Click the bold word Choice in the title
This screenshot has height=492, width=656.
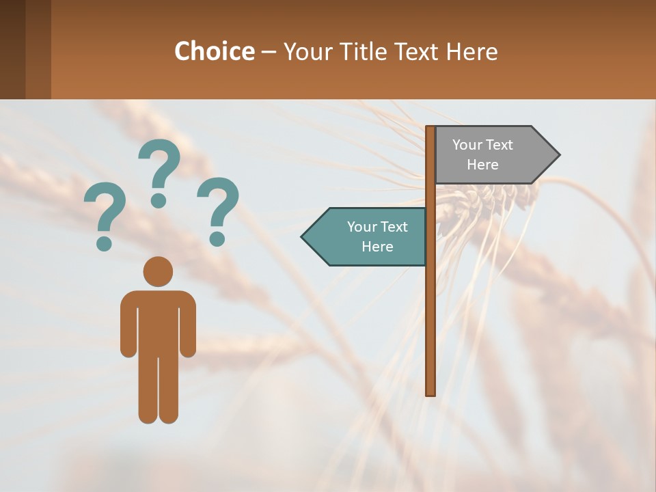[214, 51]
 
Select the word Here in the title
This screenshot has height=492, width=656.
[471, 51]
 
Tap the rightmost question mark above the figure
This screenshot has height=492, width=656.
[218, 210]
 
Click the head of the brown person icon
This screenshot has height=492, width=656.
[158, 272]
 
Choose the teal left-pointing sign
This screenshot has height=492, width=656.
[369, 236]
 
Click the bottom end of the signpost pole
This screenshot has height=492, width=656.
[430, 392]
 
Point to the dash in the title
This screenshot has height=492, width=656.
[269, 52]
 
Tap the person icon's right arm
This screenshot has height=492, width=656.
[187, 325]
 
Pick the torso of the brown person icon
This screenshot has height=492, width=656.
[158, 321]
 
